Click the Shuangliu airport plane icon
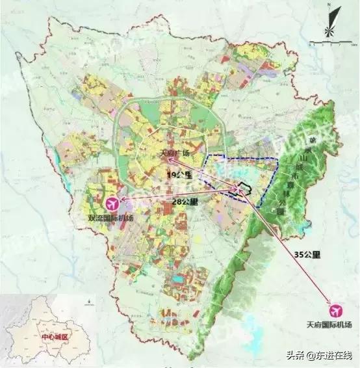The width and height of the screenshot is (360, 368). pos(112,203)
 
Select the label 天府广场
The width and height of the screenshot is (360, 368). pos(174,153)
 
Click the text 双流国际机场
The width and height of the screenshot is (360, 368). pos(111,218)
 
